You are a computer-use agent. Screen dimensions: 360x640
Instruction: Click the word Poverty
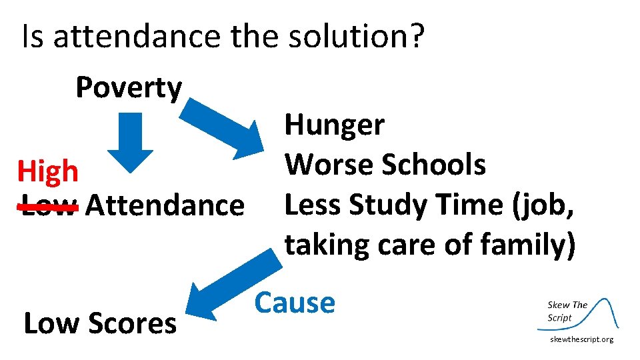129,87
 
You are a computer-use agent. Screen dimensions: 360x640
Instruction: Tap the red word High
47,172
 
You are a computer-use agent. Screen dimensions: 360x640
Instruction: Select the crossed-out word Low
49,206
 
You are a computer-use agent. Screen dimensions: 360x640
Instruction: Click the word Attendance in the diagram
165,205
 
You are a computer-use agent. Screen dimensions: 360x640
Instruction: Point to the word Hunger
334,125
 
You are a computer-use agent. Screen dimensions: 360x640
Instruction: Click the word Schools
433,164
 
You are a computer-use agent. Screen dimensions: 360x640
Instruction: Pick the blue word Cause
295,303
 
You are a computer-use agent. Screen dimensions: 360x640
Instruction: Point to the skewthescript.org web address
581,340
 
